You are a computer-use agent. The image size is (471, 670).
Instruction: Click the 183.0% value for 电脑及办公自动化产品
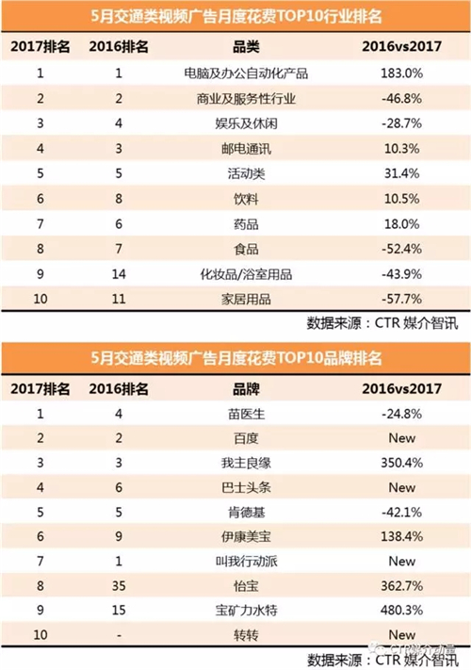tap(401, 74)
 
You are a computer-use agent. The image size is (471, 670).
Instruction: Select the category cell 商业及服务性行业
tap(246, 99)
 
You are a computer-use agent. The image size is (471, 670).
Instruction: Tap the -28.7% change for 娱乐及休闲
tap(401, 123)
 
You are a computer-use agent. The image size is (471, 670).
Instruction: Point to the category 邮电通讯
tap(246, 149)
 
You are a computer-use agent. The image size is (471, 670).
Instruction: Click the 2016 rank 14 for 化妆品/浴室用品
tap(119, 274)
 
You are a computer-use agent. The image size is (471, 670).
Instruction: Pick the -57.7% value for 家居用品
tap(401, 299)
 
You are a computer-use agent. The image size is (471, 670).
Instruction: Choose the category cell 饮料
tap(246, 199)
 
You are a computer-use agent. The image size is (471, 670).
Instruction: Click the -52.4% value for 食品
tap(401, 249)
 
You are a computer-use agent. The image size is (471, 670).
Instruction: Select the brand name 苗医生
tap(247, 414)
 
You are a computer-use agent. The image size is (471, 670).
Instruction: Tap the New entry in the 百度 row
tap(402, 438)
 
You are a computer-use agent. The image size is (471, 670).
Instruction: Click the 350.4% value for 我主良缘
tap(402, 463)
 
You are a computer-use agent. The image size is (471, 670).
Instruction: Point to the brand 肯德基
tap(247, 512)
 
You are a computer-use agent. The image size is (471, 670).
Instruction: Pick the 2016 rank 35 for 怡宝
tap(119, 585)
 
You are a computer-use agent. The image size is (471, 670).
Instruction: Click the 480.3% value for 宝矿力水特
tap(402, 610)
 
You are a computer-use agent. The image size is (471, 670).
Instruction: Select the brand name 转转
tap(247, 635)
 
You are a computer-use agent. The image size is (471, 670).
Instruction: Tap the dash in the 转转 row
tap(119, 636)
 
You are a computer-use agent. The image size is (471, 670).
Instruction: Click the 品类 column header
tap(246, 47)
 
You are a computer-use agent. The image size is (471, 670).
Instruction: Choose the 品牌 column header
tap(246, 389)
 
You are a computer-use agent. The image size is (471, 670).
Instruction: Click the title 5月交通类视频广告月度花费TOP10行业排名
tap(236, 16)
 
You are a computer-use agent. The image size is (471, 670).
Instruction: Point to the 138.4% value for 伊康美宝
tap(402, 536)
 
